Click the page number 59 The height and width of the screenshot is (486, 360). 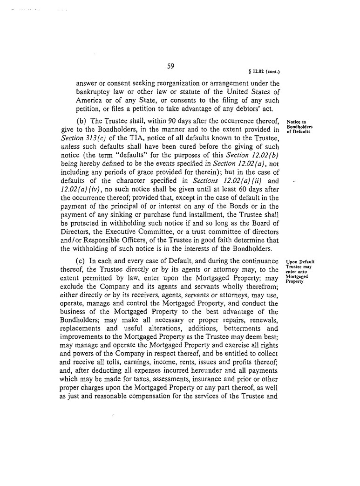click(x=170, y=67)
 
